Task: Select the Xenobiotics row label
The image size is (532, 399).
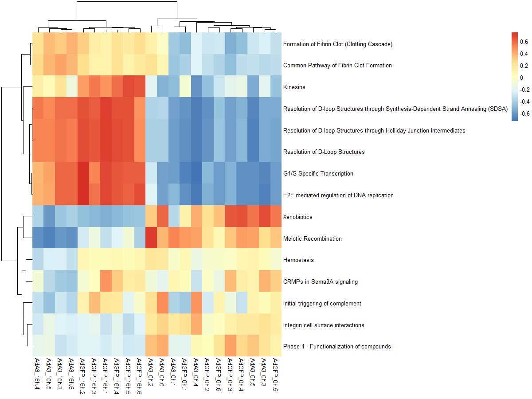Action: click(297, 217)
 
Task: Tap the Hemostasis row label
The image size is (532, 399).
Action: click(298, 260)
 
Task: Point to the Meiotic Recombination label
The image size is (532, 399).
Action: click(313, 239)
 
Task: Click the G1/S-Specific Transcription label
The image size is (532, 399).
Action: click(318, 174)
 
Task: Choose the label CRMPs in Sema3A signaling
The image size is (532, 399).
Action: click(321, 282)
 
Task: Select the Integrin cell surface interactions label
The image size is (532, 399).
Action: click(324, 325)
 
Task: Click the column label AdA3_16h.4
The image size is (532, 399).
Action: click(37, 375)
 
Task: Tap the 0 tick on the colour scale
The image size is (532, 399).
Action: click(521, 78)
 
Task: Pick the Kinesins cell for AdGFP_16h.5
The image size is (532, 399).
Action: click(128, 87)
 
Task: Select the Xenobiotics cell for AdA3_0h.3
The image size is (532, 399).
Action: click(265, 217)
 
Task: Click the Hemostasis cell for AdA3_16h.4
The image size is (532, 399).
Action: click(37, 260)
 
